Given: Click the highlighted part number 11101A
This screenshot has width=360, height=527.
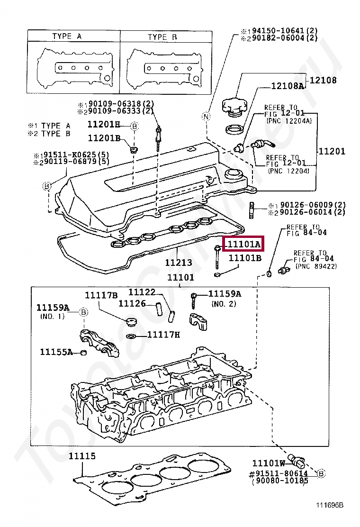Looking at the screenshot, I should (x=244, y=245).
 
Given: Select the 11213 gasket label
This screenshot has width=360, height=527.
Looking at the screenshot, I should (x=179, y=263).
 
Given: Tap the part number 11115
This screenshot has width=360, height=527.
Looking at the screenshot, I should (x=82, y=456).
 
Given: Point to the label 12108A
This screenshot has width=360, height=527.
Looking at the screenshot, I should (x=287, y=86).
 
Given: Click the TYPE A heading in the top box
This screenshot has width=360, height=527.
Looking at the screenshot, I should (x=67, y=36).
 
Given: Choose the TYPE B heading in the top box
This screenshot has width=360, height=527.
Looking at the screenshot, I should (x=162, y=36).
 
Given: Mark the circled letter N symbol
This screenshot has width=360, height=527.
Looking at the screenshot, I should (x=206, y=117).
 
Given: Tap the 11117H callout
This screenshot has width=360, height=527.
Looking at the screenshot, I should (x=163, y=335).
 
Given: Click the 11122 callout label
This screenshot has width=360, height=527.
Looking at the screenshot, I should (x=142, y=293).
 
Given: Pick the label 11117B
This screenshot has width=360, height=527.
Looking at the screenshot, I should (x=101, y=295).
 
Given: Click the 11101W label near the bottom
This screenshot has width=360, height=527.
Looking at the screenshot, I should (x=269, y=463).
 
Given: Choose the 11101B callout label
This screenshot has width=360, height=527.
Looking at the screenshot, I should (x=245, y=258).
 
